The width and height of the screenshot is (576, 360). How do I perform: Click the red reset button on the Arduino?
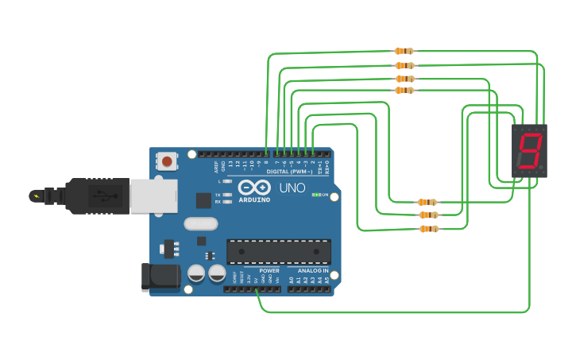(x=167, y=161)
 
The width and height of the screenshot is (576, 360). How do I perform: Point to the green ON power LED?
(x=316, y=195)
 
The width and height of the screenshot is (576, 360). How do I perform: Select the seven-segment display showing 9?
(x=529, y=151)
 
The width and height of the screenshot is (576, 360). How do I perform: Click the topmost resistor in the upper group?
(x=404, y=52)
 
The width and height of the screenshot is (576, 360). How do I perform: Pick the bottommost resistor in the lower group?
(x=428, y=230)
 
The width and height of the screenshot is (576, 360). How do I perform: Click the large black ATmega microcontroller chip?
(x=279, y=251)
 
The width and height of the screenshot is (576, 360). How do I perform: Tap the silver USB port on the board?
(x=153, y=195)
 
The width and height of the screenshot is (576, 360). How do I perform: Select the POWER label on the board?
(x=269, y=270)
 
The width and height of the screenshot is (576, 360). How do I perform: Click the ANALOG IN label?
(x=313, y=270)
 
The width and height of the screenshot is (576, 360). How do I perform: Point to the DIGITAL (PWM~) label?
(x=288, y=172)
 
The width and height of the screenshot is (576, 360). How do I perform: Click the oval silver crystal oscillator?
(x=200, y=223)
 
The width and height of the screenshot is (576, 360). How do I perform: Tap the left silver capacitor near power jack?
(x=196, y=273)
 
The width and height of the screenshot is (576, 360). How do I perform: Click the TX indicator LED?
(x=227, y=194)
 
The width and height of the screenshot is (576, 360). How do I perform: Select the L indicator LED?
(x=227, y=182)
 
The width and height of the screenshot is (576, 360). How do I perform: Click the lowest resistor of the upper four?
(x=404, y=91)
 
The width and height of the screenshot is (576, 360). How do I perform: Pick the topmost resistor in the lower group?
(x=427, y=203)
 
